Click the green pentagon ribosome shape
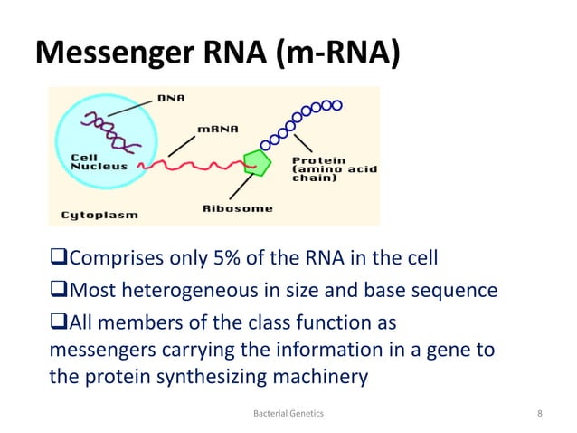tap(257, 164)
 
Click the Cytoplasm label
tap(92, 215)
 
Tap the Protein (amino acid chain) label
tap(334, 169)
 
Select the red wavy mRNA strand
tap(199, 167)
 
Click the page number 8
tap(539, 413)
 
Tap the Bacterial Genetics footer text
tap(288, 413)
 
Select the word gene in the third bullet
tap(453, 349)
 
